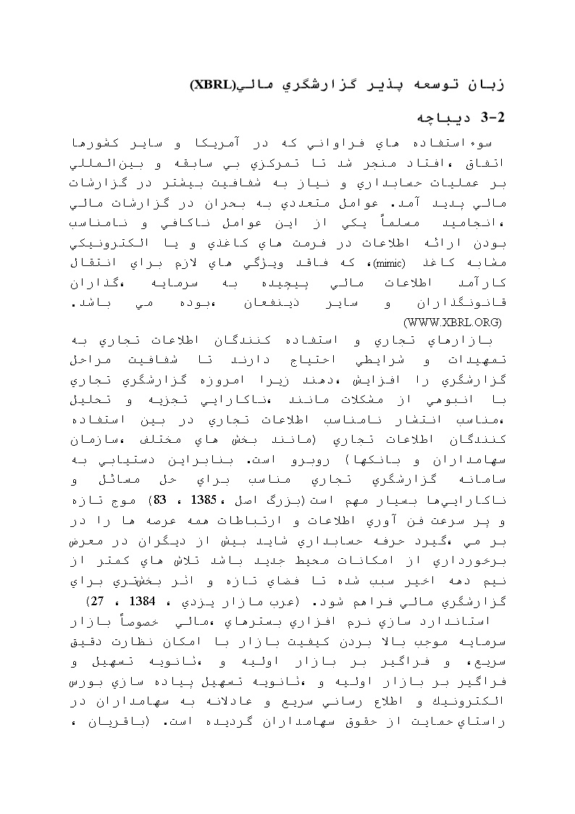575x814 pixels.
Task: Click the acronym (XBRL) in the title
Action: point(214,85)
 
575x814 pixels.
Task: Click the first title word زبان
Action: point(481,85)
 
